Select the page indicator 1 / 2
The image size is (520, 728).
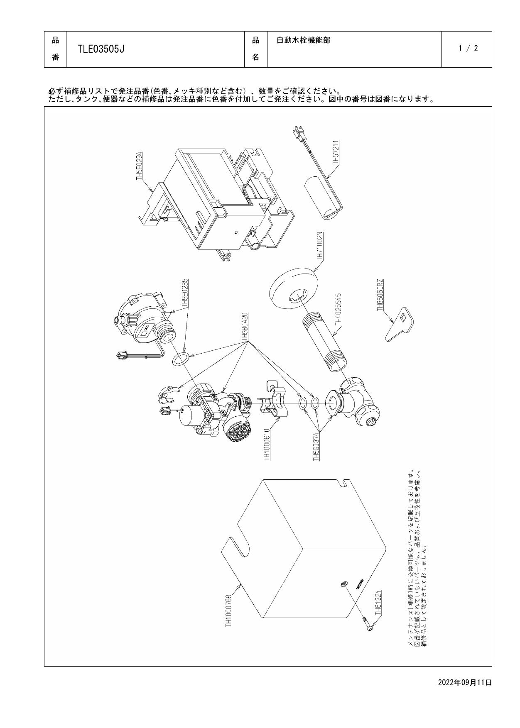click(468, 48)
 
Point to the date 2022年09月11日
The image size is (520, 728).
click(465, 682)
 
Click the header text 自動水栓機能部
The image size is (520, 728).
click(304, 41)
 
